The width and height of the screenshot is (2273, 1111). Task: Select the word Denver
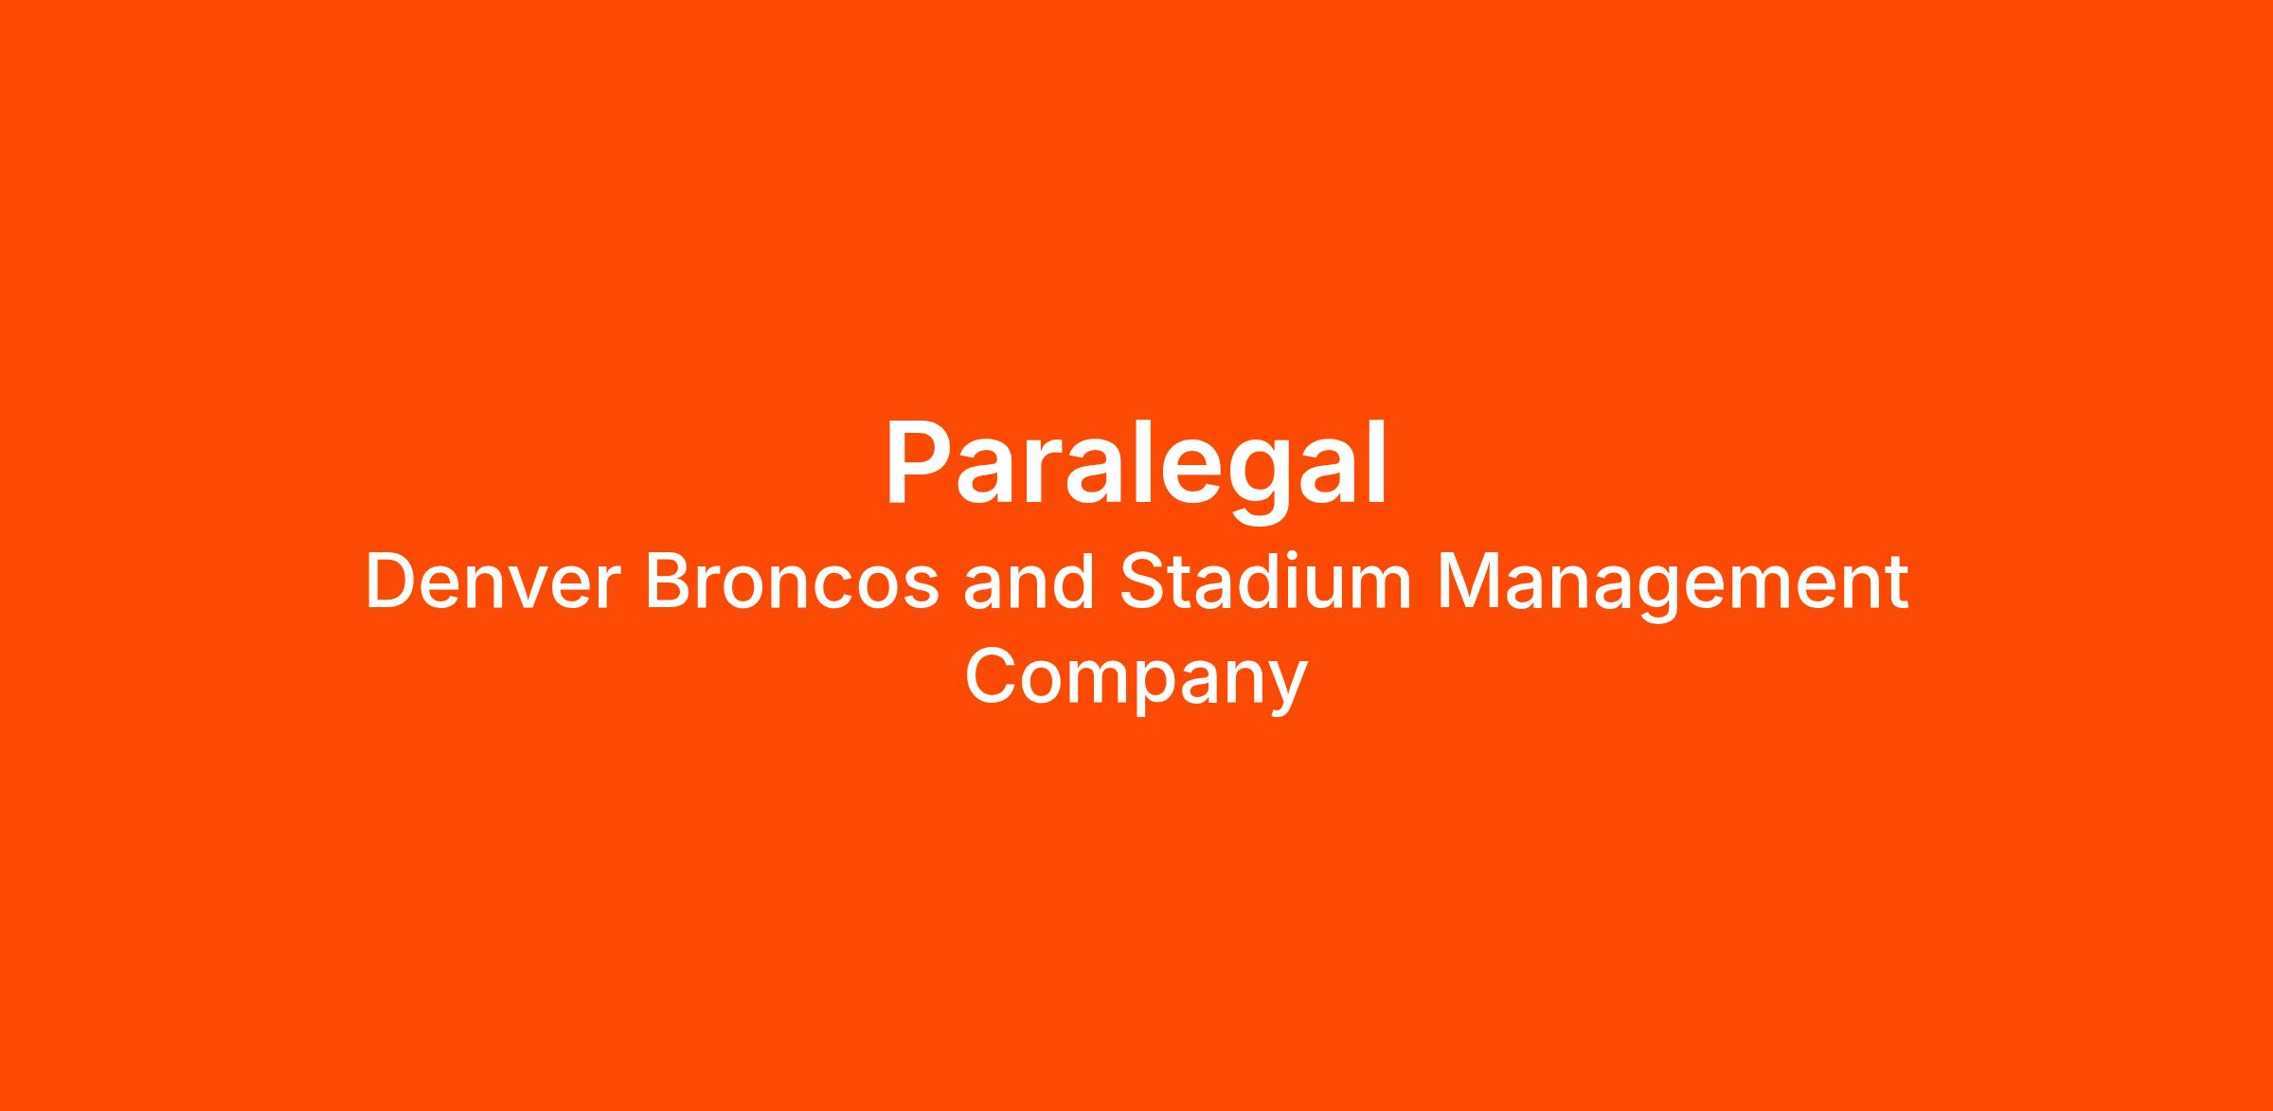pos(492,582)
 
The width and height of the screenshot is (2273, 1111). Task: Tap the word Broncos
pos(793,582)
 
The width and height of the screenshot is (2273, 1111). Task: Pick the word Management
pos(1673,587)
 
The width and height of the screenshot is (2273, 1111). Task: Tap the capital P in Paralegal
pos(920,463)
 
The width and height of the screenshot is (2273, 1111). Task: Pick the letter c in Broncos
pos(828,591)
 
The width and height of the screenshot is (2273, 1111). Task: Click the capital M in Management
pos(1467,582)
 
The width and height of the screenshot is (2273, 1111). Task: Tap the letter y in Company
pos(1288,690)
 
